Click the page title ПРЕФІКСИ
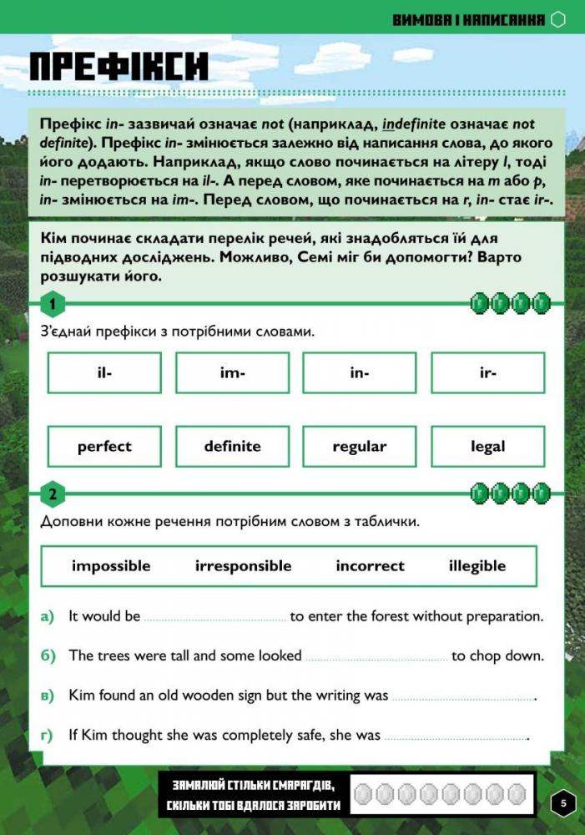119,67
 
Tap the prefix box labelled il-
104,373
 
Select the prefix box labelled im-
232,373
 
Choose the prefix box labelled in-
360,373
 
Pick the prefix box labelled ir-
488,373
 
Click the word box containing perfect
104,447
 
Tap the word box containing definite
232,447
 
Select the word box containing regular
360,447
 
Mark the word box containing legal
488,447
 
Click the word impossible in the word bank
111,566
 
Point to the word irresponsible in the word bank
244,566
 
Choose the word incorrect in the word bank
370,566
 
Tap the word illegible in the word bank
477,566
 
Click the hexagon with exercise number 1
53,305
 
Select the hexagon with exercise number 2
53,494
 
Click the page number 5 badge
563,803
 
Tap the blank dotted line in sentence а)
215,619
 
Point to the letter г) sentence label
47,736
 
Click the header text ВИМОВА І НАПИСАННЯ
469,19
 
